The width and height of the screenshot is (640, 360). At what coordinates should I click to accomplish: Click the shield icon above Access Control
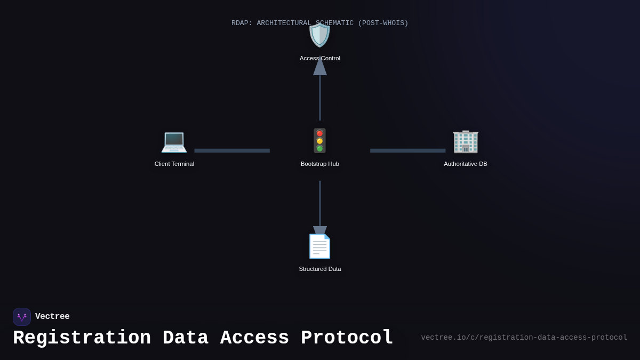coord(319,35)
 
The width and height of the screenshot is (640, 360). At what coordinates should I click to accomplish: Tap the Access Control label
coord(319,58)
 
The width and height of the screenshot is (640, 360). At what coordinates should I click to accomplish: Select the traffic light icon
coord(319,141)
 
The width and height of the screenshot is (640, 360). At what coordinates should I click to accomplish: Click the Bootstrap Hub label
coord(319,164)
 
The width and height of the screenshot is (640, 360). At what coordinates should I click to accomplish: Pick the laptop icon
coord(174,141)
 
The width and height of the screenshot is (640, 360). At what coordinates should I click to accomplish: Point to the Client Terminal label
coord(174,164)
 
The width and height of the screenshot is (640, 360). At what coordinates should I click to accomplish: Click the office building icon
coord(465,141)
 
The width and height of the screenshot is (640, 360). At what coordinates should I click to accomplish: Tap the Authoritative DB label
coord(465,164)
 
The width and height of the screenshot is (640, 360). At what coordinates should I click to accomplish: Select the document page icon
coord(319,246)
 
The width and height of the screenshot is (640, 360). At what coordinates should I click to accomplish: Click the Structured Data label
coord(319,269)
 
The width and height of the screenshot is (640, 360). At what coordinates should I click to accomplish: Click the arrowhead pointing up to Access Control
coord(319,67)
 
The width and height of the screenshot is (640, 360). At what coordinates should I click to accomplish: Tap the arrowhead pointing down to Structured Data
coord(319,231)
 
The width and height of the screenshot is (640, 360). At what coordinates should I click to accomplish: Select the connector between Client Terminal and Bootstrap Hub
coord(232,150)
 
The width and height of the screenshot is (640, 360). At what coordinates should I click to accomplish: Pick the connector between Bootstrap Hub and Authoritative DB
coord(407,150)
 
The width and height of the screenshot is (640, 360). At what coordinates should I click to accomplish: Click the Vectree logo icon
coord(22,317)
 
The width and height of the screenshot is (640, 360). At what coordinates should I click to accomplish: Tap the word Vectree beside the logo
coord(52,317)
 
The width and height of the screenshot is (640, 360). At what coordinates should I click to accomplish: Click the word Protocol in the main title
coord(347,338)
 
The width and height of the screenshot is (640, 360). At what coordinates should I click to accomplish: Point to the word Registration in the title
coord(82,338)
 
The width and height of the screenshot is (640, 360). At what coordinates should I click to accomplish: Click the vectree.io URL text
coord(524,338)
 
